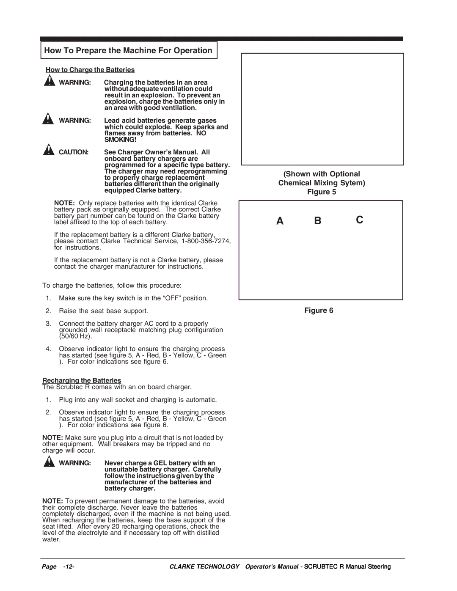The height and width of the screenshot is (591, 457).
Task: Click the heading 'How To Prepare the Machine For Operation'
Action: tap(128, 50)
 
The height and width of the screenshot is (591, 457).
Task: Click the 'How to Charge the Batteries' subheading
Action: tap(90, 70)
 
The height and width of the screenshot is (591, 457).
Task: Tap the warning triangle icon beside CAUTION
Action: tap(49, 150)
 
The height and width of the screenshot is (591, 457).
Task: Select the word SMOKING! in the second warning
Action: tap(120, 140)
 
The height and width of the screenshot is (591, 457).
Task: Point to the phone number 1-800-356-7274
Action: tap(206, 241)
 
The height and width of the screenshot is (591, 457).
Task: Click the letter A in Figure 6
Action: tap(280, 221)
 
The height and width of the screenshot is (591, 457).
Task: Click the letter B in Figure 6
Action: tap(318, 221)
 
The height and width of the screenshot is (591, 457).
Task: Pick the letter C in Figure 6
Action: tap(359, 220)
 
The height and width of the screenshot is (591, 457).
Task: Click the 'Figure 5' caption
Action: tap(322, 192)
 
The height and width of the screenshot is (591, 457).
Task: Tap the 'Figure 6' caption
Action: tap(319, 311)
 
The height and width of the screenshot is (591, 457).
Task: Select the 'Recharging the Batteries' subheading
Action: tap(82, 380)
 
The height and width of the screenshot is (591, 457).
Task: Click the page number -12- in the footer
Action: tap(69, 567)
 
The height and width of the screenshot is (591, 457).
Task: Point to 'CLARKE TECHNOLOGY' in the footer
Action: tap(204, 567)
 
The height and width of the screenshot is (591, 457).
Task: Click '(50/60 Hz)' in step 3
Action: tap(75, 336)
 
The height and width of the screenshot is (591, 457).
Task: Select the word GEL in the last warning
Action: tap(160, 463)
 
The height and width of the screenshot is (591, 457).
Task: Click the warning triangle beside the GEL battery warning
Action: tap(49, 462)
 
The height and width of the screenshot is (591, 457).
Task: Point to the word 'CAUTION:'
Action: tap(74, 152)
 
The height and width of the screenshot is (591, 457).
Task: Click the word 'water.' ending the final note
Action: tap(51, 539)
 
